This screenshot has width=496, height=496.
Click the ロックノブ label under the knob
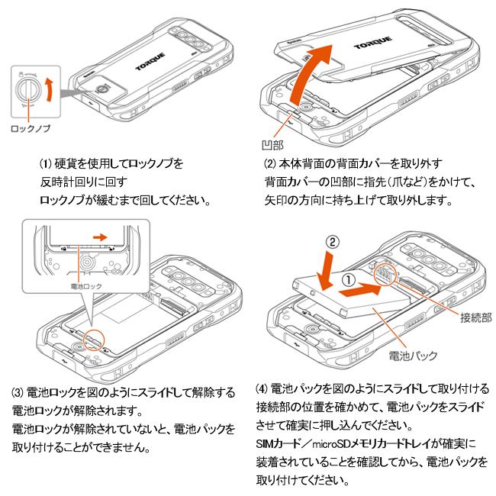pyautogui.click(x=31, y=129)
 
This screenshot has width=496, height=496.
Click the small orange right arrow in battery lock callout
pyautogui.click(x=98, y=237)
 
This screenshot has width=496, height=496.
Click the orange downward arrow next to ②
pyautogui.click(x=323, y=267)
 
